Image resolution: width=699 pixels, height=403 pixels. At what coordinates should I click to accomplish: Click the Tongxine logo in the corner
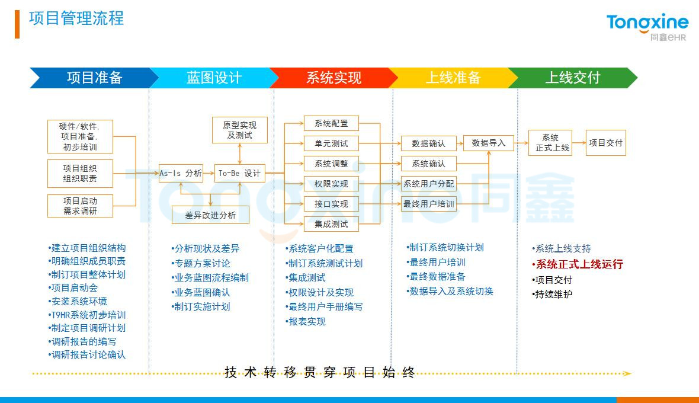[647, 27]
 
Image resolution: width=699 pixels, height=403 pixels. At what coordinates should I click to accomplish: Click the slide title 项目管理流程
[76, 18]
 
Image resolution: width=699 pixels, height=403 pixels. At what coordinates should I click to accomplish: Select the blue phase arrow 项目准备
[94, 78]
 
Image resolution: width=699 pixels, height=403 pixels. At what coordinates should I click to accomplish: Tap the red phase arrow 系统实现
[334, 78]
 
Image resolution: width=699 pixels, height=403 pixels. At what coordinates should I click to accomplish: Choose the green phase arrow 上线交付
[572, 78]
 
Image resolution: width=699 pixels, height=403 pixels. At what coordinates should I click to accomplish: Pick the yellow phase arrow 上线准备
[453, 78]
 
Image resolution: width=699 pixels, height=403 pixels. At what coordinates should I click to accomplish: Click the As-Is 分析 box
[181, 173]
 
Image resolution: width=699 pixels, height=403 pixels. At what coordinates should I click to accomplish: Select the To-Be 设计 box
[239, 173]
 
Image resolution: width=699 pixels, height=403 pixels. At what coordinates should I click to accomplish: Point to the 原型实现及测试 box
[239, 130]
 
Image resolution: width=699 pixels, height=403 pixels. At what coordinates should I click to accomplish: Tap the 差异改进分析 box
[210, 215]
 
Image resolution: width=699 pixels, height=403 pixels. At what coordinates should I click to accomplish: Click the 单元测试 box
[331, 143]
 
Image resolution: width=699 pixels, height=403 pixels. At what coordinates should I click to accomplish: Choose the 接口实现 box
[331, 204]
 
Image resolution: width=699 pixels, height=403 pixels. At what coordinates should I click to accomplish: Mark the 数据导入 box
[488, 143]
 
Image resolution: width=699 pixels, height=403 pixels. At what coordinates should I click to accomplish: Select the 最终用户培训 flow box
[429, 204]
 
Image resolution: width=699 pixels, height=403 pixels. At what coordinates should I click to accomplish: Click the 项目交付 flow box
[605, 143]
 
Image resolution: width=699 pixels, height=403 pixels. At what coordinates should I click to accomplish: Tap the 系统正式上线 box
[550, 143]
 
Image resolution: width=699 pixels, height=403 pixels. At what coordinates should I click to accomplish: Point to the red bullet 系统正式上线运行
[579, 264]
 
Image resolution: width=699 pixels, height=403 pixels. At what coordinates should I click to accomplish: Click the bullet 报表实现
[306, 321]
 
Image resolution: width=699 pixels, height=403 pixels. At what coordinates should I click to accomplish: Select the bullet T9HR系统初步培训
[88, 315]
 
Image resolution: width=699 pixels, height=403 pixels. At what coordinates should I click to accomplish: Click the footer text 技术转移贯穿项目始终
[320, 373]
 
